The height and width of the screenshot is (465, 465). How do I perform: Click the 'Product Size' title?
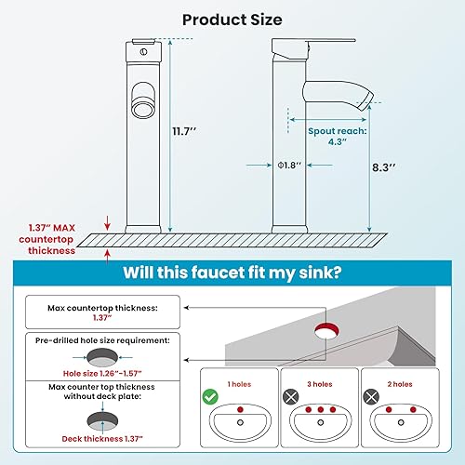click(232, 19)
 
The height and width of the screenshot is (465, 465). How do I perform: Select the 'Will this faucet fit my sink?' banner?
click(232, 274)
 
